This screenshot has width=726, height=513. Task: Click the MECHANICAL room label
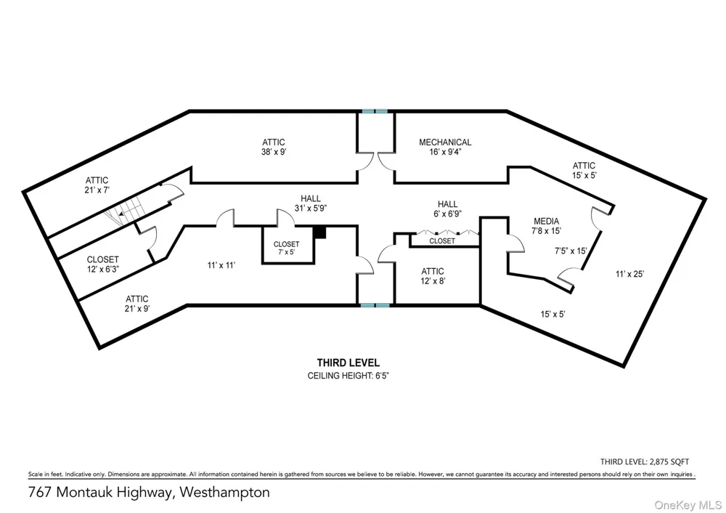[x=445, y=147]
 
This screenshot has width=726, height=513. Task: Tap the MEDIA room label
[x=547, y=226]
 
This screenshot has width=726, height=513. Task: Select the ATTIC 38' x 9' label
[x=274, y=147]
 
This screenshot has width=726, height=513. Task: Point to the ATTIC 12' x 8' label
[x=433, y=275]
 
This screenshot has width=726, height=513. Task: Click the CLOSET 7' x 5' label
[x=286, y=248]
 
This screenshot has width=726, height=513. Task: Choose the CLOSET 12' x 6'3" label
[x=103, y=264]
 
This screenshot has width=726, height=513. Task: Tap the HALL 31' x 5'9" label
[x=311, y=203]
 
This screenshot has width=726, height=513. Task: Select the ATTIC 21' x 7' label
[x=97, y=185]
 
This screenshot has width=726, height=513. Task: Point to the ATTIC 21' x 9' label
[x=137, y=304]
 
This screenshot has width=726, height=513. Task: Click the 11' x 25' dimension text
[x=629, y=274]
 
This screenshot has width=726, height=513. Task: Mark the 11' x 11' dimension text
[x=221, y=265]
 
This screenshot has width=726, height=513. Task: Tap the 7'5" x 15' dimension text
[x=571, y=251]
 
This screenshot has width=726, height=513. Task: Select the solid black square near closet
[x=320, y=233]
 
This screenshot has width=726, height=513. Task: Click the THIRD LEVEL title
[x=348, y=363]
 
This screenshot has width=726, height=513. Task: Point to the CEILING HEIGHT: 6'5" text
[x=348, y=376]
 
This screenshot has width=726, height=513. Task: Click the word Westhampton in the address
[x=224, y=492]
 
